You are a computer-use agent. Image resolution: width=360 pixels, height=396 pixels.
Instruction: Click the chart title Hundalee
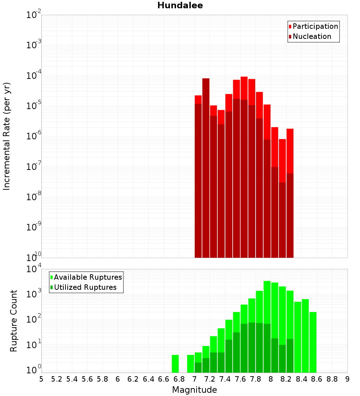tap(180, 5)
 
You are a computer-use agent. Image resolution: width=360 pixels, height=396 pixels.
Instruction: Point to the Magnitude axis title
tap(194, 390)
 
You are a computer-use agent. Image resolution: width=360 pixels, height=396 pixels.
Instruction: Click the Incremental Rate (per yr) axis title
tap(7, 136)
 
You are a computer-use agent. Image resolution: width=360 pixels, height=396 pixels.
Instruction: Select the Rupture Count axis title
tap(14, 321)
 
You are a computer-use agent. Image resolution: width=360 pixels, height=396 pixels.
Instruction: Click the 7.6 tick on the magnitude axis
tap(240, 379)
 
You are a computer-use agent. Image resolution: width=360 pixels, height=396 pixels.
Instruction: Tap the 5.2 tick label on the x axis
tap(57, 379)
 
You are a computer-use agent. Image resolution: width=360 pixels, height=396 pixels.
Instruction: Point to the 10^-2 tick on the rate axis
tap(34, 15)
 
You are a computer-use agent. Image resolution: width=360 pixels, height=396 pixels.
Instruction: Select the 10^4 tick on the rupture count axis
tap(34, 270)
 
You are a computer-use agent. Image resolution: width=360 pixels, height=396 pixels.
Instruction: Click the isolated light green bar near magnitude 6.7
tap(175, 364)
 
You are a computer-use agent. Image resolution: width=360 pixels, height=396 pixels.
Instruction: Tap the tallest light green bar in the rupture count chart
tap(267, 324)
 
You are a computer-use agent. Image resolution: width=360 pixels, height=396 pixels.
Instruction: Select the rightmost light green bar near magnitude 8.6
tap(313, 342)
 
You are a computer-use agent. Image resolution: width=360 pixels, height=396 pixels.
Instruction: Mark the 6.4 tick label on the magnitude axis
tap(148, 379)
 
